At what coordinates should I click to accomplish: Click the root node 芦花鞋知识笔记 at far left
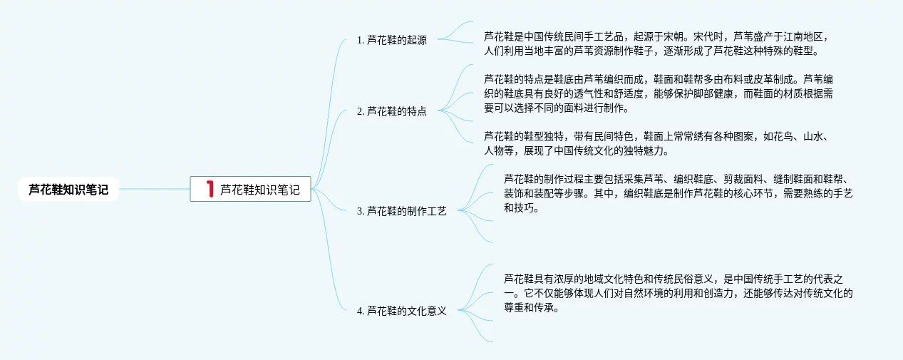point(68,190)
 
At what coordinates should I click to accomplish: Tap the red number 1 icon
point(210,189)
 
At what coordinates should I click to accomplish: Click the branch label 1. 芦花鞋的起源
point(391,40)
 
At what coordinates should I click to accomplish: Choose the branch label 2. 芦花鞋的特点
point(391,110)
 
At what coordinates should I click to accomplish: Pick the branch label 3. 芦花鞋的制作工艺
point(401,211)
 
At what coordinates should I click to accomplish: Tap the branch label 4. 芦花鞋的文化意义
point(401,311)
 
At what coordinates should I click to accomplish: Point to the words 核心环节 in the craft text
point(745,194)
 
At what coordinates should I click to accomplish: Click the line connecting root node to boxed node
point(154,189)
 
